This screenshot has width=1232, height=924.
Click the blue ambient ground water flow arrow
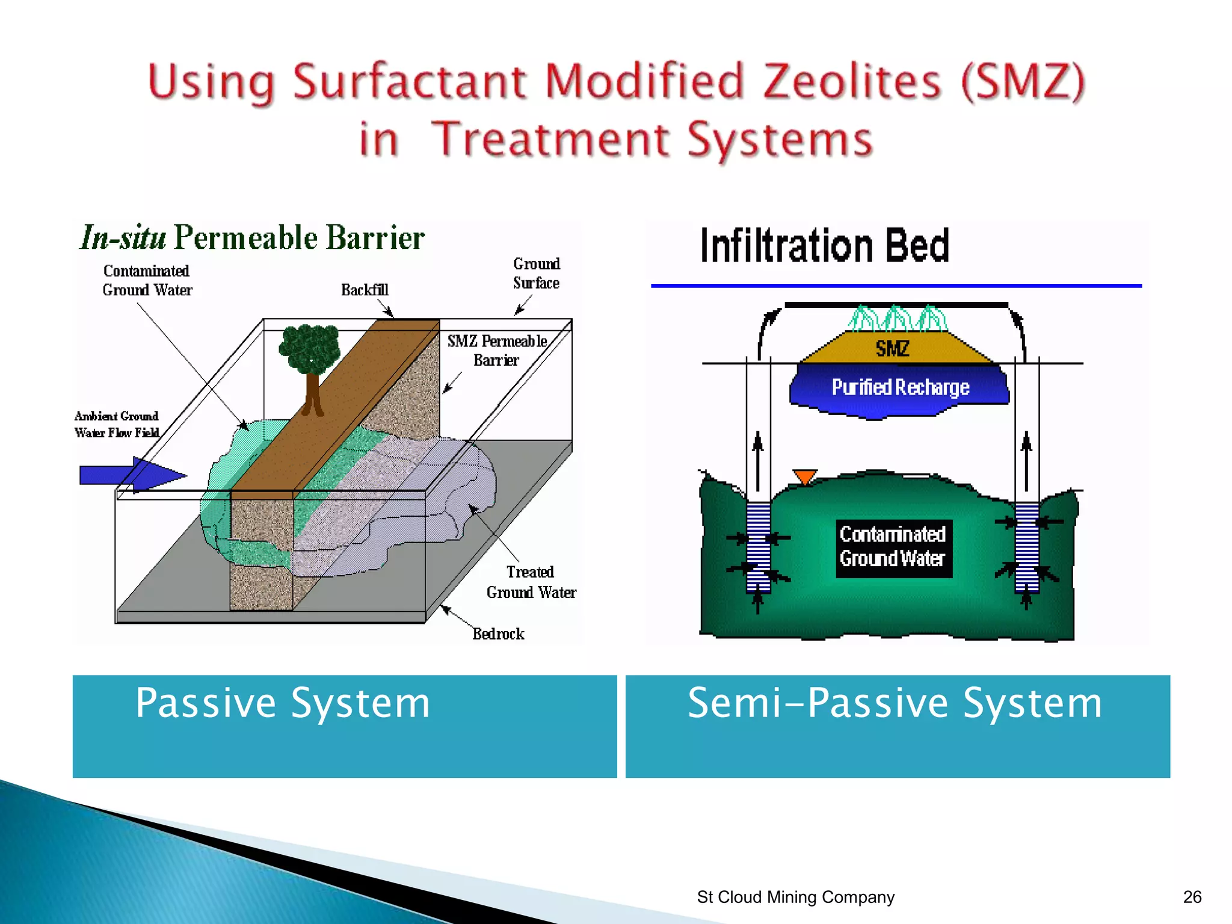[x=132, y=475]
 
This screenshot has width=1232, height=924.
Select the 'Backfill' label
[x=365, y=290]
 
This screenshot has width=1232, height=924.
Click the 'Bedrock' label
[x=498, y=634]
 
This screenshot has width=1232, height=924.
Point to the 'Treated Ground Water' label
[x=531, y=582]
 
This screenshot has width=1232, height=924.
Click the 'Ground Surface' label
[x=536, y=273]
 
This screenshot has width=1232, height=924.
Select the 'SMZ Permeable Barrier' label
[x=497, y=350]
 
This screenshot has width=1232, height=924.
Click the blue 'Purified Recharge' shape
[x=899, y=388]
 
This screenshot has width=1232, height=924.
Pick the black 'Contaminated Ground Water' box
[x=893, y=547]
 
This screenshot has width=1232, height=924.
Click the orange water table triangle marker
[x=805, y=476]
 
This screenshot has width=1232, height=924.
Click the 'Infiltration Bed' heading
[x=824, y=246]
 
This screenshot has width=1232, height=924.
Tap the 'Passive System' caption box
[x=345, y=726]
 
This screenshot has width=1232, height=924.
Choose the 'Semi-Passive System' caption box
[x=898, y=726]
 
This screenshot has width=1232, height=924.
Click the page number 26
[x=1192, y=897]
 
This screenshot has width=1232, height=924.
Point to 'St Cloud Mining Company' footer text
[x=795, y=897]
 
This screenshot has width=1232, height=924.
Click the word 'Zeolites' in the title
[x=851, y=82]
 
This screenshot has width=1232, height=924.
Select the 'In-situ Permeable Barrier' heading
[x=252, y=238]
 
